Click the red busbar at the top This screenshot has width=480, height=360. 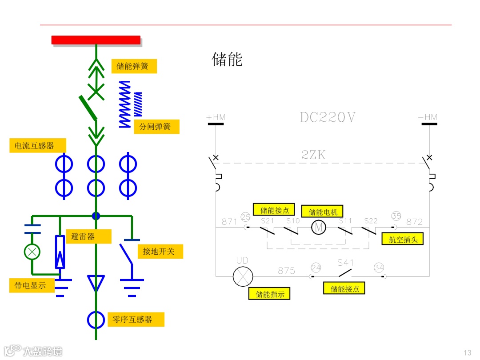click(96, 40)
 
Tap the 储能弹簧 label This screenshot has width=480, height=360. click(134, 67)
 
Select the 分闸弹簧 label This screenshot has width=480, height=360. click(156, 127)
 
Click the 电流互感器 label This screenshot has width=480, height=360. click(38, 145)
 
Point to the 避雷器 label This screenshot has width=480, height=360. click(88, 236)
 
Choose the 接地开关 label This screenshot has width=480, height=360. click(160, 252)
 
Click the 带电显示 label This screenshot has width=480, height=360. click(32, 285)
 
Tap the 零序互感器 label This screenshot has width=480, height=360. click(136, 320)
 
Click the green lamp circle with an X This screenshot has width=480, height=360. click(32, 252)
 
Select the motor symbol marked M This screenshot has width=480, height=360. click(318, 228)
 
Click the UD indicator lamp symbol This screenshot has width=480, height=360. click(243, 276)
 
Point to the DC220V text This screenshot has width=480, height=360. click(328, 117)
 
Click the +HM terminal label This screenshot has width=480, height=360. click(216, 117)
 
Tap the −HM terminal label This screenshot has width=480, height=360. click(428, 117)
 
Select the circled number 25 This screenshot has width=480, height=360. click(245, 216)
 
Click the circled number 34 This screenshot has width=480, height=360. click(379, 268)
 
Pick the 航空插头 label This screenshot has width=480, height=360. click(403, 239)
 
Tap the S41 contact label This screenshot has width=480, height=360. click(345, 263)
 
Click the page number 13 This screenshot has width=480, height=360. click(467, 353)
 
